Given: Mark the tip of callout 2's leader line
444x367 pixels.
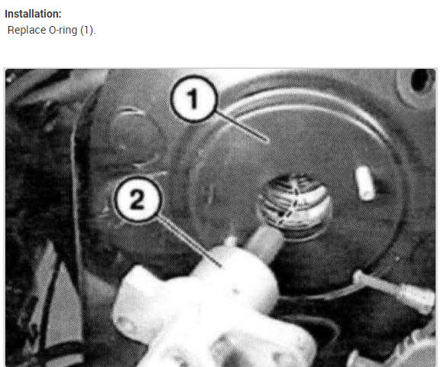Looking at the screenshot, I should (x=222, y=265).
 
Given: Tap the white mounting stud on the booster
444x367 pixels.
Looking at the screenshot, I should (x=365, y=183).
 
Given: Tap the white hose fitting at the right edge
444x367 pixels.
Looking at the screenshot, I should (x=416, y=298).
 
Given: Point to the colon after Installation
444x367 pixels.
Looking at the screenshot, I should (x=61, y=15).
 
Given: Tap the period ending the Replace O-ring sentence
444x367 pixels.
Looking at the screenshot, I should (x=95, y=31).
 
